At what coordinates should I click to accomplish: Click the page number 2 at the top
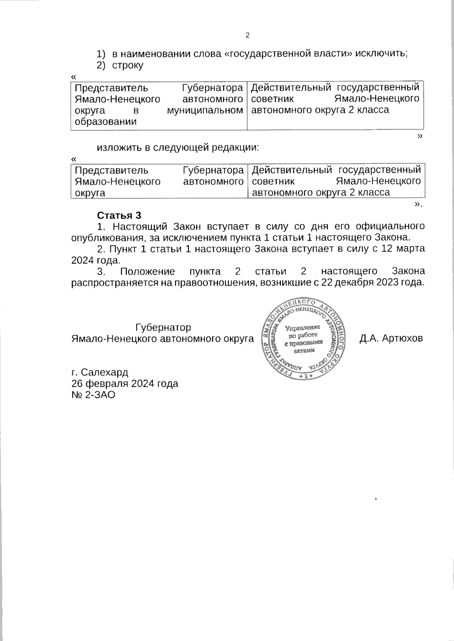(x=248, y=36)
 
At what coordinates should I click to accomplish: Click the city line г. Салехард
(x=100, y=372)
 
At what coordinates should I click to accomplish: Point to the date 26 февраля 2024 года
(x=125, y=384)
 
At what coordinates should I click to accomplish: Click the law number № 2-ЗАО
(x=93, y=395)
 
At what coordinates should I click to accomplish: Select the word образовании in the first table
(x=106, y=122)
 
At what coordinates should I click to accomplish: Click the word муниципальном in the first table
(x=205, y=111)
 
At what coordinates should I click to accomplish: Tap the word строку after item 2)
(x=127, y=65)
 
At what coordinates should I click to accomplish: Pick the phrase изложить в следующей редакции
(x=178, y=148)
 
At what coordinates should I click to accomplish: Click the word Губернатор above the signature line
(x=163, y=327)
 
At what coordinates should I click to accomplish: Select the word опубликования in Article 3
(x=107, y=238)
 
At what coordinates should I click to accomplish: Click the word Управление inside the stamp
(x=303, y=327)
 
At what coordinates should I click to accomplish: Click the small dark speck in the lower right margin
(x=376, y=499)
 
